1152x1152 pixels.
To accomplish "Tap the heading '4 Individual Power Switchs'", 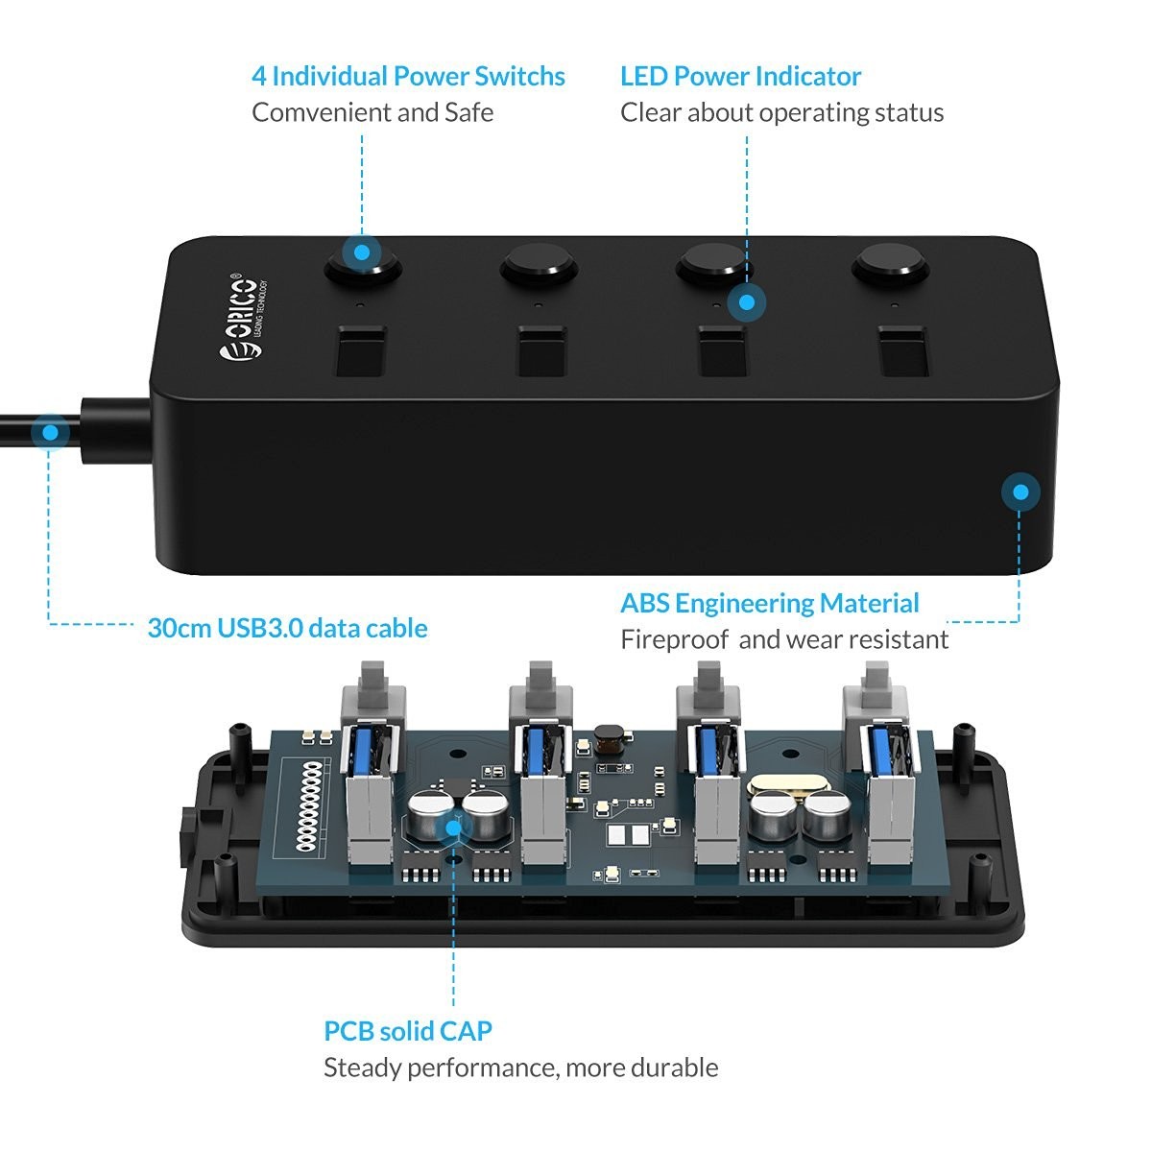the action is pyautogui.click(x=408, y=77).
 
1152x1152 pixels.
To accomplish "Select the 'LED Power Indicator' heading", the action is pyautogui.click(x=741, y=77).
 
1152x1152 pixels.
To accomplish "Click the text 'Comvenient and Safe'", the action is pyautogui.click(x=372, y=112).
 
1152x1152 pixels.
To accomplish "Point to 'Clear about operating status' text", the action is pyautogui.click(x=782, y=113).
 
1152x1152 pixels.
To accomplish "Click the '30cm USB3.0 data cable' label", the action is pyautogui.click(x=288, y=628).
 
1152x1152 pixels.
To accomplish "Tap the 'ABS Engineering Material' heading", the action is pyautogui.click(x=769, y=604).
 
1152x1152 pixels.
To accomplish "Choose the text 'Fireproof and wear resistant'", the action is pyautogui.click(x=784, y=639).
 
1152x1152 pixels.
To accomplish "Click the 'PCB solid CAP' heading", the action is pyautogui.click(x=408, y=1031).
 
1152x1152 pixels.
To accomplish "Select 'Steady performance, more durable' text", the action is pyautogui.click(x=520, y=1068).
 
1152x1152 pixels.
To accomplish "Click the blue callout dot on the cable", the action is pyautogui.click(x=51, y=432).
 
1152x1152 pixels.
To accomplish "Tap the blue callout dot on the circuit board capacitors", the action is pyautogui.click(x=454, y=828).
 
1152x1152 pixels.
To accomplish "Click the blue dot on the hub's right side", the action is pyautogui.click(x=1020, y=492).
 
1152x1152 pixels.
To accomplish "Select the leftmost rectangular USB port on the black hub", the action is pyautogui.click(x=361, y=351).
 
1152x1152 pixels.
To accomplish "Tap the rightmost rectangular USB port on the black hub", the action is pyautogui.click(x=902, y=351).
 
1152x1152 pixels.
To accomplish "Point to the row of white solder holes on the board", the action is pyautogui.click(x=311, y=805).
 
